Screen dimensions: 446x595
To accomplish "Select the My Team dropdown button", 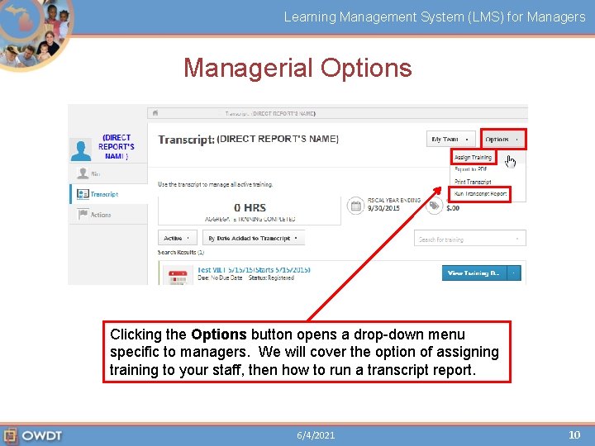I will (x=450, y=139).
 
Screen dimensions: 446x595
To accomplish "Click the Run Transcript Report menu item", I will (x=480, y=194).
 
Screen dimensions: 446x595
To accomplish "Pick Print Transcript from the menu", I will (x=473, y=182).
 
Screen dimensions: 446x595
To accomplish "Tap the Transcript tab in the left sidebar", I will (x=104, y=194).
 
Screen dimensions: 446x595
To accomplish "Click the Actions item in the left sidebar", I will (x=101, y=215).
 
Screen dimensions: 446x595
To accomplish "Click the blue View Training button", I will (x=474, y=273).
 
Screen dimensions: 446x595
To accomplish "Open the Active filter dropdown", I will (x=176, y=238).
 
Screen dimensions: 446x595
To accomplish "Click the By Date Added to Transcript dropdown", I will (x=254, y=238).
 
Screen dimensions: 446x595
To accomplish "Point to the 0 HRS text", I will (x=250, y=207).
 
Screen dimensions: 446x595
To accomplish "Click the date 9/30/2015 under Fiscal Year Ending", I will (x=383, y=208).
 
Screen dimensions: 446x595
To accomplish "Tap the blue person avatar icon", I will (x=81, y=149).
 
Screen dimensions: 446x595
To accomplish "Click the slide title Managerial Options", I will (x=297, y=68).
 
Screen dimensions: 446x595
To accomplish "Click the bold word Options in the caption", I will (x=219, y=334).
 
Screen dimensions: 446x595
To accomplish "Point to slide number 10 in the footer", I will (x=574, y=434).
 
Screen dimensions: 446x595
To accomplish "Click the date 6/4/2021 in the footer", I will (x=316, y=435).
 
